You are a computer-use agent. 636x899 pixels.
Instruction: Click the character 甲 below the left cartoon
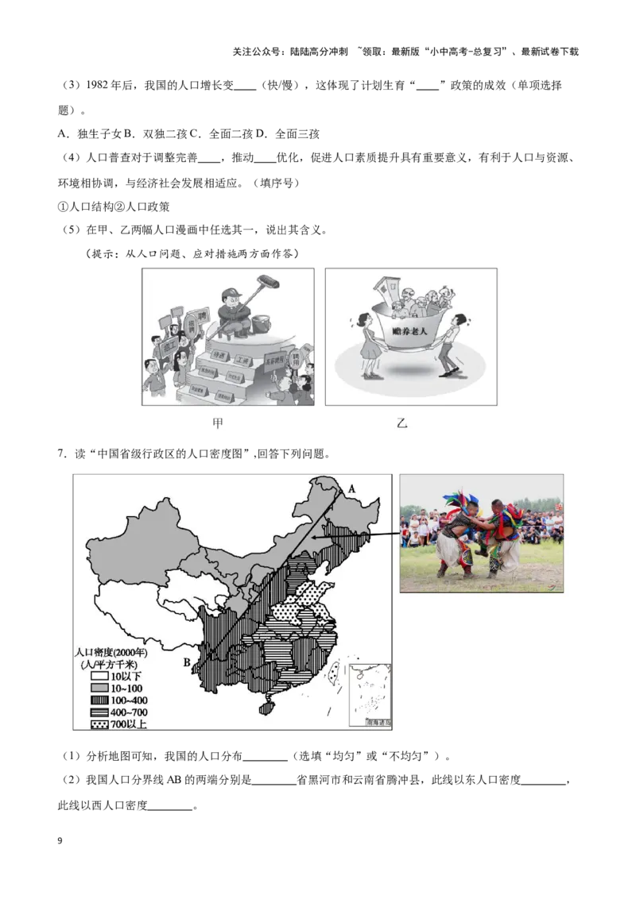(x=217, y=423)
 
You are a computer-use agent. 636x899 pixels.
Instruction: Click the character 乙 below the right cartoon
(x=402, y=423)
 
